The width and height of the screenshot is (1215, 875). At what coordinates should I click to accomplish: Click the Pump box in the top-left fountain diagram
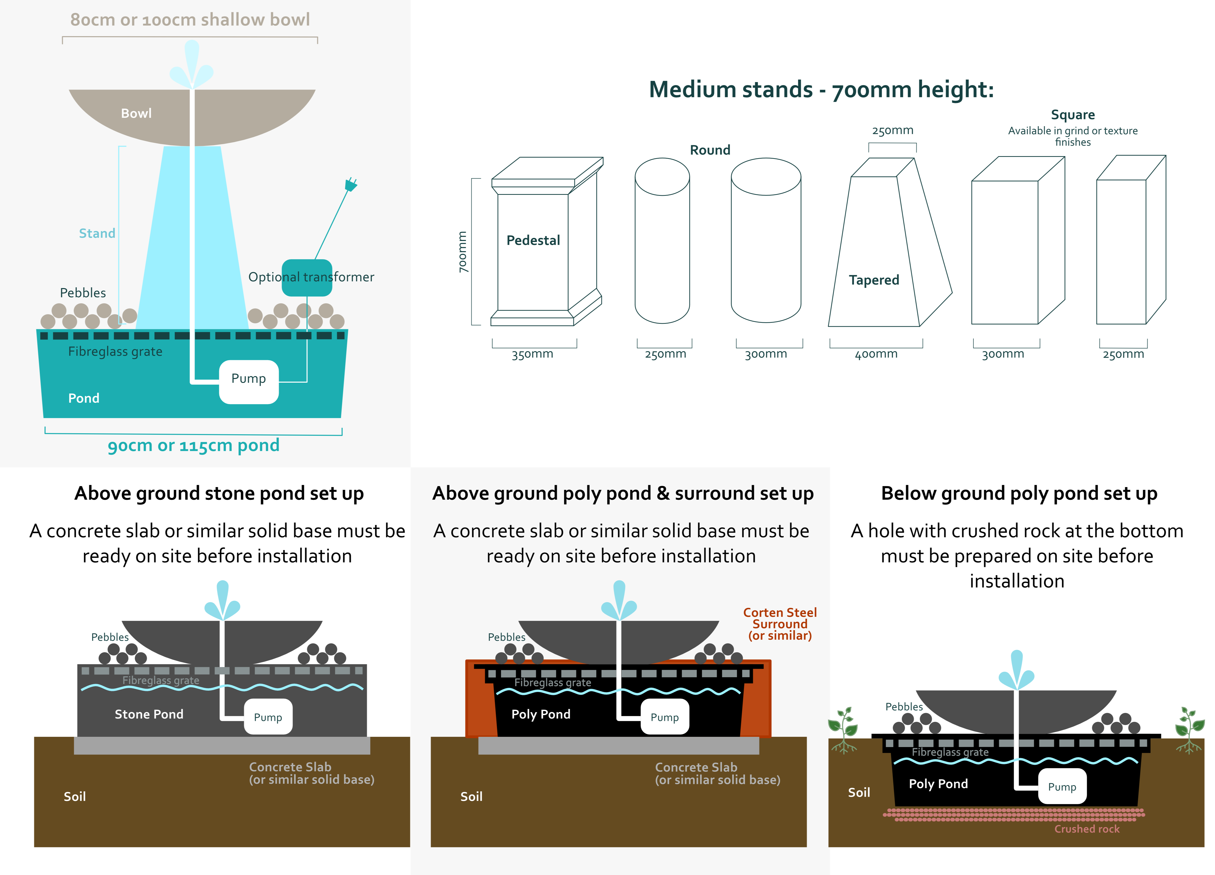pos(249,382)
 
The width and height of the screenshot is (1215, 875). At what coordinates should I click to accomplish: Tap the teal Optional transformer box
pos(307,278)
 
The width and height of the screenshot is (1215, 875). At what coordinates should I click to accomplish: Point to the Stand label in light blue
pos(97,233)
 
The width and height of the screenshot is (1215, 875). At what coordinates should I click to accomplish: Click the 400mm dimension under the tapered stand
pos(876,354)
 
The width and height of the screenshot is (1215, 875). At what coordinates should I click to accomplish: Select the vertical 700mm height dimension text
pos(462,252)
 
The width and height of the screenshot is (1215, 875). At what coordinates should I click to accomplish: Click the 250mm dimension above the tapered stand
pos(892,130)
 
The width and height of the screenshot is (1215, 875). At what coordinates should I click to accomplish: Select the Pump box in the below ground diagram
pos(1062,787)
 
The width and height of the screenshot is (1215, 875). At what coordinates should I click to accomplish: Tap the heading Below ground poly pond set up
pos(1019,493)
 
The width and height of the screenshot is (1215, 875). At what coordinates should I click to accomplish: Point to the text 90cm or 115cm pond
pos(193,445)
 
